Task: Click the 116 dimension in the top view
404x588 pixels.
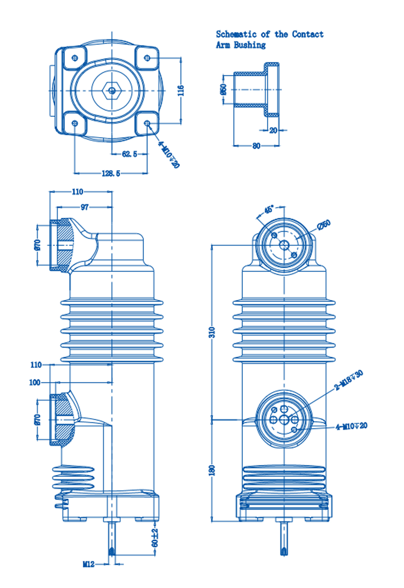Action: (x=180, y=90)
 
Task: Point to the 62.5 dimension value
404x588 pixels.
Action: (x=129, y=154)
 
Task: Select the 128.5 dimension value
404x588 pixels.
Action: (x=111, y=173)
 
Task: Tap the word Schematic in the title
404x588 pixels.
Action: (x=236, y=34)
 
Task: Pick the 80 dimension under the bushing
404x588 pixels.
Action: (x=256, y=146)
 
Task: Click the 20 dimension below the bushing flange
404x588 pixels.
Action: (x=273, y=130)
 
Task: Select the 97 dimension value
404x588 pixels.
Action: (x=85, y=207)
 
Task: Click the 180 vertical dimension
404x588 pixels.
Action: (x=212, y=470)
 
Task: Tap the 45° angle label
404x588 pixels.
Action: (x=269, y=209)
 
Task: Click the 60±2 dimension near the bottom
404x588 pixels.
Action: (x=155, y=538)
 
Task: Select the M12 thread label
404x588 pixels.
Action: (x=89, y=564)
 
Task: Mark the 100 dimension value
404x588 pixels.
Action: (x=35, y=382)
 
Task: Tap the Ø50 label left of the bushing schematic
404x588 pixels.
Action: (x=223, y=89)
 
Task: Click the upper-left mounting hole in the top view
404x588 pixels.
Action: (x=75, y=58)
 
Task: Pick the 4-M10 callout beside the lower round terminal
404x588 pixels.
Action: (x=351, y=426)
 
